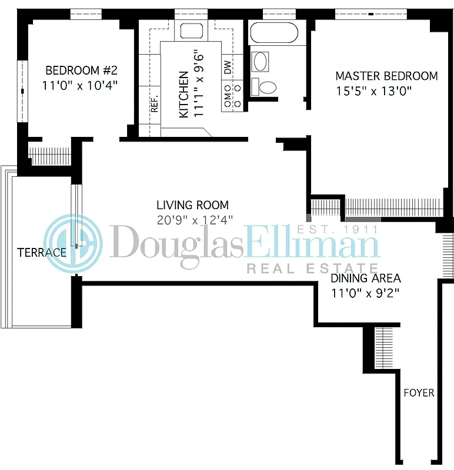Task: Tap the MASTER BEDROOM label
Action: [x=386, y=76]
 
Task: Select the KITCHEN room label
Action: [x=183, y=95]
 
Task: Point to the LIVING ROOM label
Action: [x=192, y=205]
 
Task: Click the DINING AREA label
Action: [x=365, y=278]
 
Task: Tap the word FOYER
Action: [x=419, y=392]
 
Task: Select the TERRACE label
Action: [x=41, y=253]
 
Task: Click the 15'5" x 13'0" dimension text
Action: [x=372, y=91]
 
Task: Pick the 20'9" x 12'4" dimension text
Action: [x=195, y=220]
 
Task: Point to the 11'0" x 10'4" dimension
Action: [x=80, y=85]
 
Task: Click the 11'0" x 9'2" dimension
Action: [x=365, y=293]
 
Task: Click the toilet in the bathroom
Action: [x=266, y=87]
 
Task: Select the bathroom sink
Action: [x=260, y=60]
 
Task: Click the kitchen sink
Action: [x=191, y=31]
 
